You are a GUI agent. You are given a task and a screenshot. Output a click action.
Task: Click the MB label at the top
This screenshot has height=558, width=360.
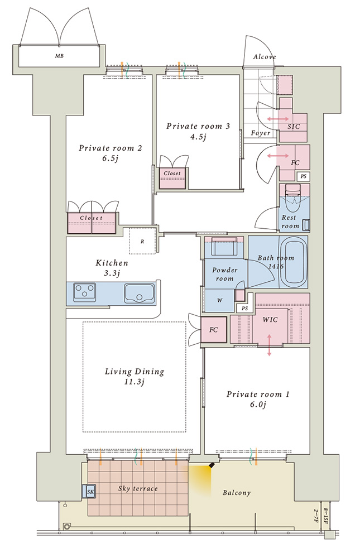click(60, 56)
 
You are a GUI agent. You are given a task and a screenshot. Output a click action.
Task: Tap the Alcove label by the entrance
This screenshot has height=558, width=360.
click(264, 57)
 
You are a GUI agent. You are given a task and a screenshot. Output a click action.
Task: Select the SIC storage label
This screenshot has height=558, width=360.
click(294, 127)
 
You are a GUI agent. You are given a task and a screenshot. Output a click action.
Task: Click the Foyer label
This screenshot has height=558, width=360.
click(260, 133)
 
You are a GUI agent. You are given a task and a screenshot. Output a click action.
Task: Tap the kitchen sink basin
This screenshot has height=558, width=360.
click(139, 294)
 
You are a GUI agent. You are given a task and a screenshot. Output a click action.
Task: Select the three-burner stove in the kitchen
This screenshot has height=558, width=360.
click(85, 290)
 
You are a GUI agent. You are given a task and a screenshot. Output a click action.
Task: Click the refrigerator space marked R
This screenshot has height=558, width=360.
click(142, 241)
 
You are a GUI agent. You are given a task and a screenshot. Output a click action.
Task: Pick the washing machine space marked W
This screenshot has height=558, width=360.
click(220, 300)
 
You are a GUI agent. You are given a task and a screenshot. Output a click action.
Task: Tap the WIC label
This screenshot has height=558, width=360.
click(270, 320)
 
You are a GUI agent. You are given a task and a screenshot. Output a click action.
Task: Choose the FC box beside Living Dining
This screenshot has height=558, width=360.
click(214, 330)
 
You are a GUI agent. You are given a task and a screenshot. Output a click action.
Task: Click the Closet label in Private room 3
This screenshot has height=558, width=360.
click(172, 174)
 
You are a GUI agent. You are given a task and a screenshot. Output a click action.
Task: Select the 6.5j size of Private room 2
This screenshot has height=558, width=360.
click(110, 158)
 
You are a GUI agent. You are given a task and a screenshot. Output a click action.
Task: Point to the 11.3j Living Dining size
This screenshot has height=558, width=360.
click(135, 382)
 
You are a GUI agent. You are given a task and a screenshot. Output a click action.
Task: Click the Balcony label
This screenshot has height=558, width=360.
click(237, 493)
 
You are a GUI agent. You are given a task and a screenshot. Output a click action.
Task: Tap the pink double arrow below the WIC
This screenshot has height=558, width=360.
click(269, 345)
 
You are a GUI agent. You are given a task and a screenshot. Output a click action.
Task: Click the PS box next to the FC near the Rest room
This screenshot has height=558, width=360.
click(304, 176)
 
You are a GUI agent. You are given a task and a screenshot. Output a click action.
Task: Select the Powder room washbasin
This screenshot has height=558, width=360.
click(224, 246)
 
